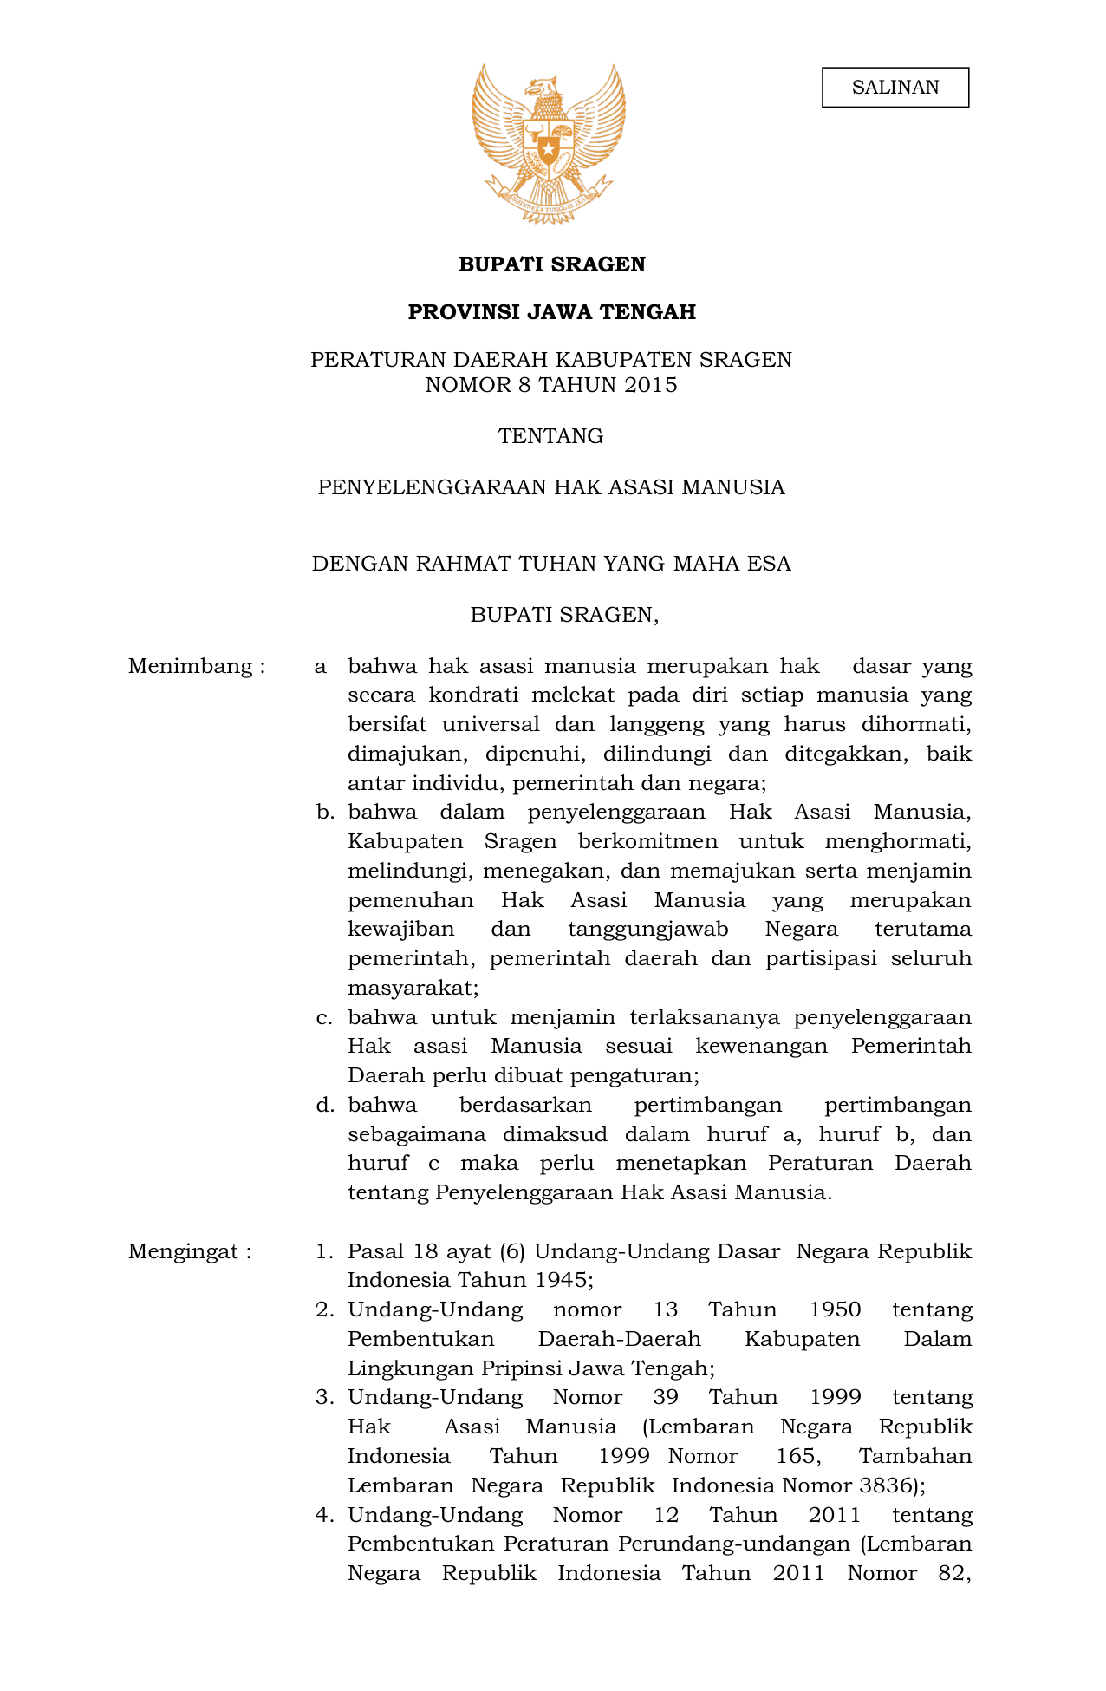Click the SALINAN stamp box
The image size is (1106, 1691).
(895, 88)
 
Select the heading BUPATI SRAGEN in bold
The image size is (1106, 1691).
(551, 264)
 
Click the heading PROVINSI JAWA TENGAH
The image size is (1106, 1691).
(551, 312)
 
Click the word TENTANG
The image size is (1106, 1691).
(550, 436)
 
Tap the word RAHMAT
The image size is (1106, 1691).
(463, 565)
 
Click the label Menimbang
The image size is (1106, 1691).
(192, 666)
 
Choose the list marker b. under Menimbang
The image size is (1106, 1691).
(324, 813)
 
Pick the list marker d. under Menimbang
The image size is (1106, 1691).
(324, 1106)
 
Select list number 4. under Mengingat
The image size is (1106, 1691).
(324, 1515)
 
